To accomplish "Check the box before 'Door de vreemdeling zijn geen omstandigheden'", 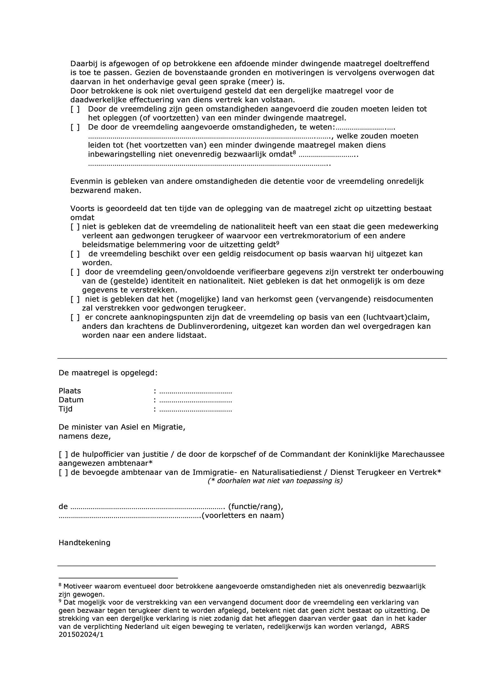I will tap(75, 109).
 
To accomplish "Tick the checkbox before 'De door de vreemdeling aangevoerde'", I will tap(75, 127).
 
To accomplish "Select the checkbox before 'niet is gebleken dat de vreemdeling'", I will tap(75, 227).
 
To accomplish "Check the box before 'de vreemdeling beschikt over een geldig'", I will tap(75, 254).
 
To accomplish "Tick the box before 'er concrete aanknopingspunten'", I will tap(75, 317).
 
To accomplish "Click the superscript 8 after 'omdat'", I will tap(294, 152).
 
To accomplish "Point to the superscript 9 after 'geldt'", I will tap(277, 243).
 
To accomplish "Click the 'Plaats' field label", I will tap(70, 391).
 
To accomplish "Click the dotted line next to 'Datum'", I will tap(195, 400).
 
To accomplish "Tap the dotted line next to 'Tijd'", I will tap(195, 409).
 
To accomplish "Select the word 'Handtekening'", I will tap(85, 542).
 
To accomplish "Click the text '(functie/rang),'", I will tap(255, 507).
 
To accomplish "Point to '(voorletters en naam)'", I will tap(243, 515).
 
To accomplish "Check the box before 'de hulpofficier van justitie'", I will tap(63, 455).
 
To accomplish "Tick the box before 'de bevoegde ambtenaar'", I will tap(63, 472).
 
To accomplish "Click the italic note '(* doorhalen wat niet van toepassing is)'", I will tap(275, 481).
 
